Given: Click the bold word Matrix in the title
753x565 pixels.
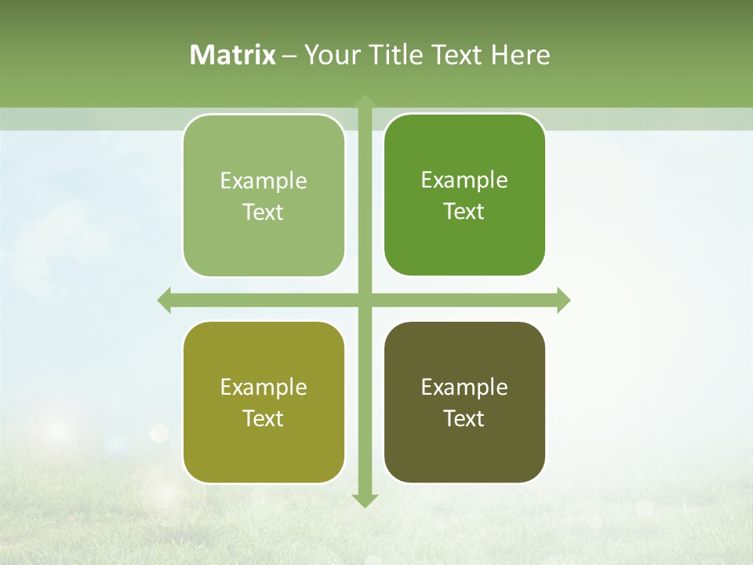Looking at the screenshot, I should coord(233,55).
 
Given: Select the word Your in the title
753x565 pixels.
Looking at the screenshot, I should coord(330,55).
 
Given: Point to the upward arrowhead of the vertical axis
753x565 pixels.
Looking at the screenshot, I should coord(365,101).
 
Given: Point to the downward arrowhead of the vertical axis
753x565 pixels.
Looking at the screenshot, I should coord(365,500).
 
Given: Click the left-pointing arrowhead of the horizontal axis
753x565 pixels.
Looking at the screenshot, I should coord(165,300).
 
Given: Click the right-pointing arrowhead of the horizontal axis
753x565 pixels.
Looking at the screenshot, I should coord(563,300).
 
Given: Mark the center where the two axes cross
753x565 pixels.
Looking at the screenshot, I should coord(365,300).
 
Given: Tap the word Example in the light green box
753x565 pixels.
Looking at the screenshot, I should coord(264,181).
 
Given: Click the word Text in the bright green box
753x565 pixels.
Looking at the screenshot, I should coord(464,212).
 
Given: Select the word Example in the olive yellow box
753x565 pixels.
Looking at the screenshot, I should coord(264,388).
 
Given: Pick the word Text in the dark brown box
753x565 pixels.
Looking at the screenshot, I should coord(464,418).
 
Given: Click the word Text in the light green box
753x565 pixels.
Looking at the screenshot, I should coord(264,213).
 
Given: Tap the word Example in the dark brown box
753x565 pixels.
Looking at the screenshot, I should coord(464,387).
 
